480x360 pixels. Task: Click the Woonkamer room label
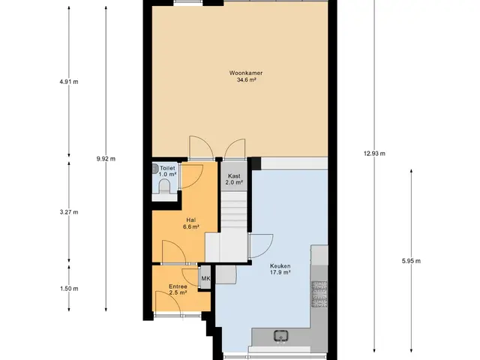[x=246, y=73]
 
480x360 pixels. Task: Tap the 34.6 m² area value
[x=246, y=80]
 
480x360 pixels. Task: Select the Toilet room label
[x=167, y=168]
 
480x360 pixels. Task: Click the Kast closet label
[x=234, y=176]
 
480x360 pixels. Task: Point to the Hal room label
[x=191, y=220]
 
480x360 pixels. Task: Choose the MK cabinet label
[x=205, y=278]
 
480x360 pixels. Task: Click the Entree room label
[x=178, y=286]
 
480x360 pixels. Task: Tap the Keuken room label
[x=280, y=265]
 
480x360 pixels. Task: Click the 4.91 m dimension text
[x=69, y=82]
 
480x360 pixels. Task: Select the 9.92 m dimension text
[x=106, y=158]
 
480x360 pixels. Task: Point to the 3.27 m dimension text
[x=69, y=211]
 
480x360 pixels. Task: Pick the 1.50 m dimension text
[x=69, y=288]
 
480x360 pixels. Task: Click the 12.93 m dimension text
[x=374, y=153]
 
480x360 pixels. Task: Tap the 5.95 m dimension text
[x=411, y=261]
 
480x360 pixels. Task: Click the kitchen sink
[x=280, y=336]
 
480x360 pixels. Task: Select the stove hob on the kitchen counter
[x=319, y=294]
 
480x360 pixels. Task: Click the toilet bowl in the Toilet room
[x=164, y=187]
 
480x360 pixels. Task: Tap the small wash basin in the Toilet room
[x=155, y=168]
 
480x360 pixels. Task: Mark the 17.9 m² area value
[x=280, y=272]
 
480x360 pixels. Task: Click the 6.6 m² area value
[x=191, y=226]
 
